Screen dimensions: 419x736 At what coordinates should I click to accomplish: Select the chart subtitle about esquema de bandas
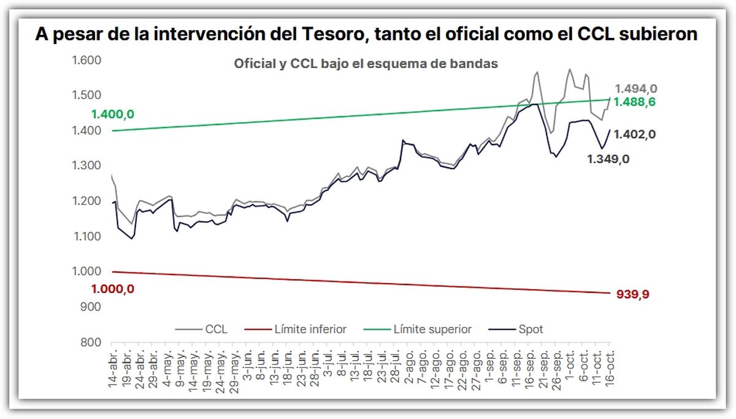[x=366, y=64]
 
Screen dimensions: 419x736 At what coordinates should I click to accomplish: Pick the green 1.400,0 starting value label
[x=112, y=114]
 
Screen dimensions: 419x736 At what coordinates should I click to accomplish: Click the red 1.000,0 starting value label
[x=112, y=289]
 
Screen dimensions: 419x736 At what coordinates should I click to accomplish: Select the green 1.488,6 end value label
[x=635, y=102]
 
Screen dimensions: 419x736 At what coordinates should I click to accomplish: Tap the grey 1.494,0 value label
[x=635, y=89]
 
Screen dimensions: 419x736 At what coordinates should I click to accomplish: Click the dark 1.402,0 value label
[x=635, y=134]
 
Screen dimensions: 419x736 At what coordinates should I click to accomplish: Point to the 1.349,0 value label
[x=609, y=159]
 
